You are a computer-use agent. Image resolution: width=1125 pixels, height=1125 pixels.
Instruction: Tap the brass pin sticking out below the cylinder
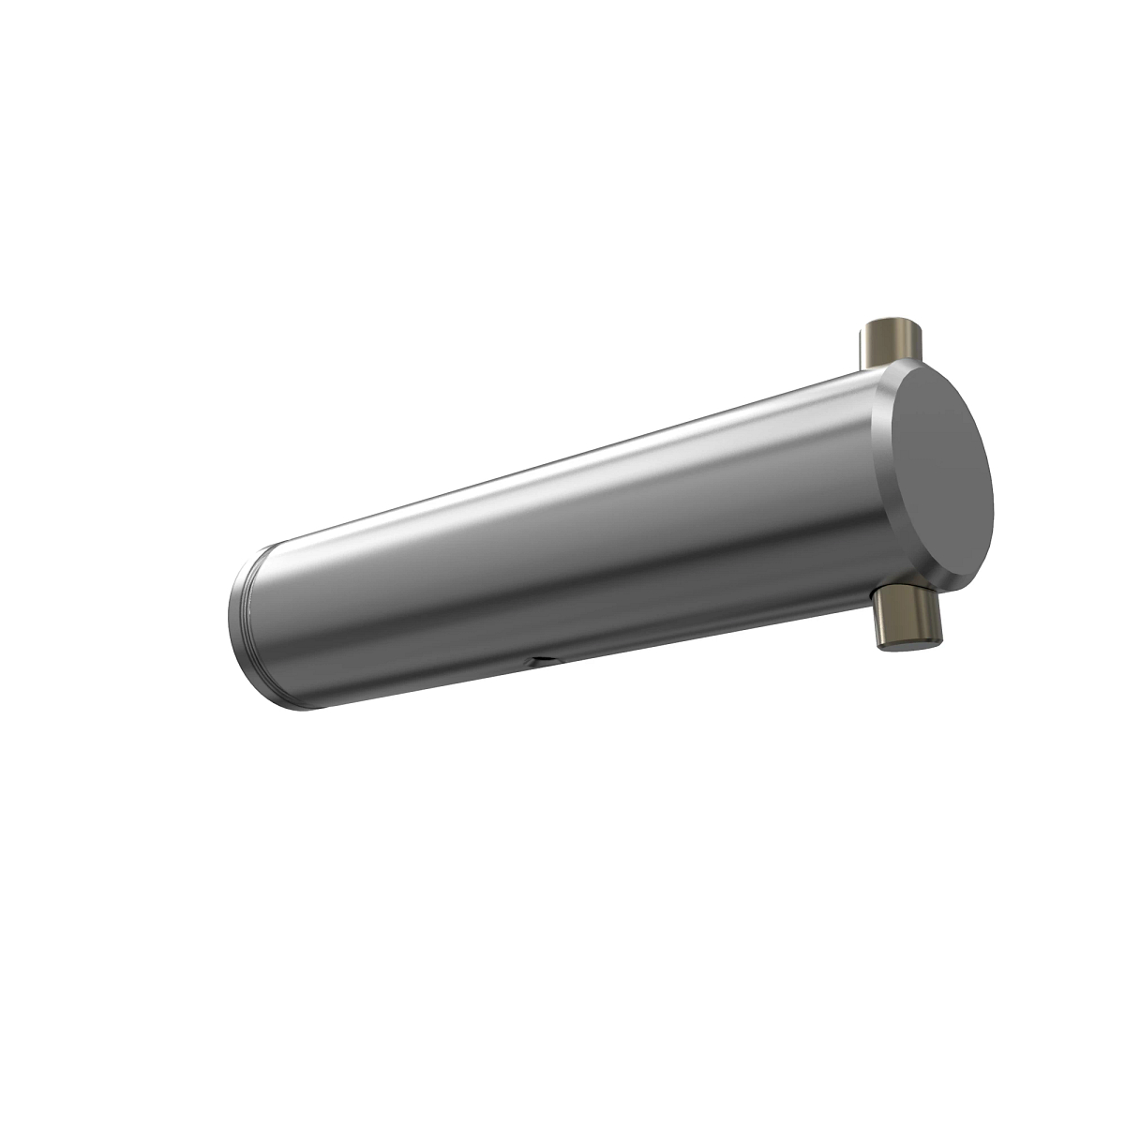pos(905,620)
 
